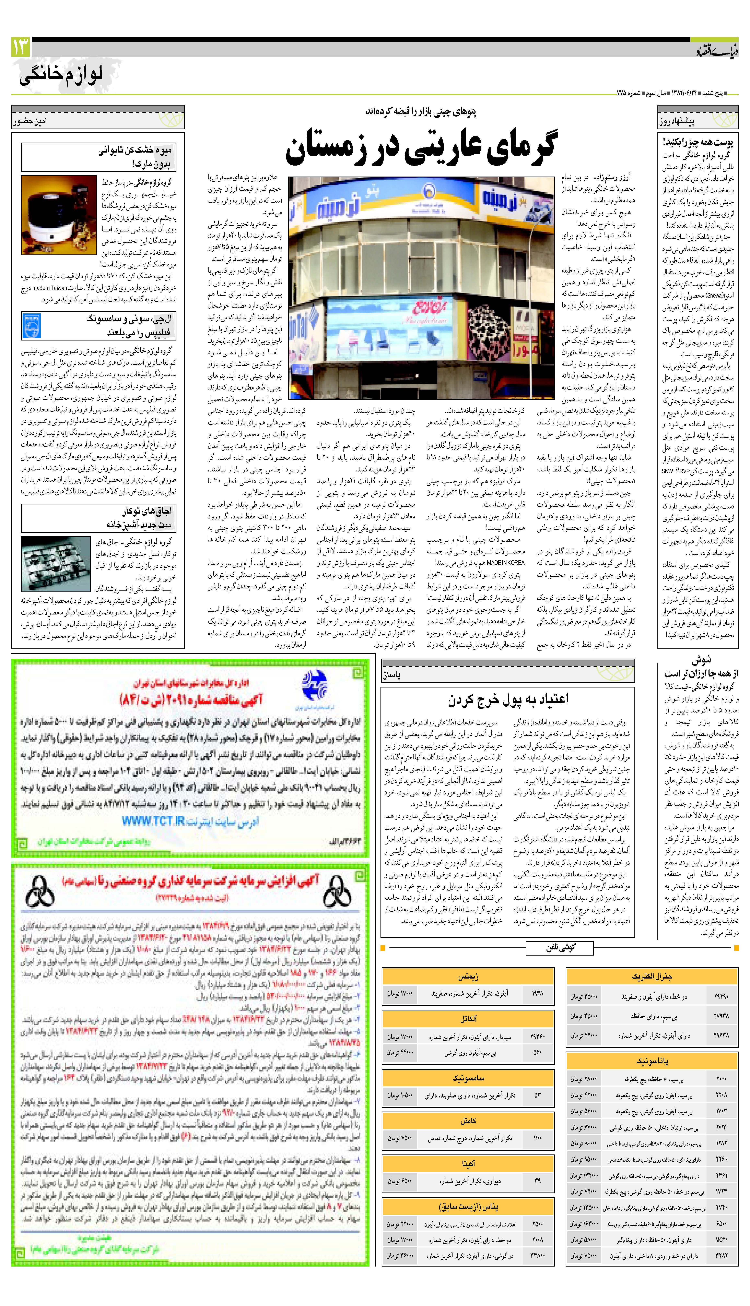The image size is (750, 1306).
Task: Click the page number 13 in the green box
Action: pos(21,47)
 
